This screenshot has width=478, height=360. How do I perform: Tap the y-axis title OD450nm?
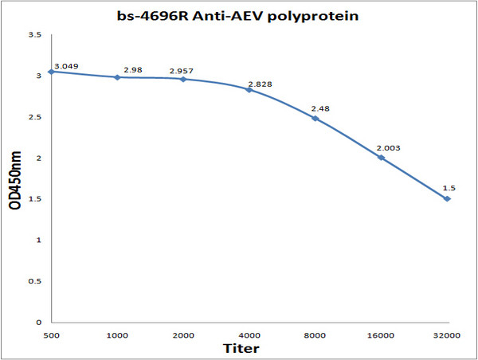[x=15, y=179]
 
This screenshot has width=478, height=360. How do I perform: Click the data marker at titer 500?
[x=52, y=72]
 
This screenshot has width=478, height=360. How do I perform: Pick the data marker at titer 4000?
[x=249, y=90]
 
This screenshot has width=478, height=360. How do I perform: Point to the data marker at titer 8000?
[x=315, y=119]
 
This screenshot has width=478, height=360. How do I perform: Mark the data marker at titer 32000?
[x=447, y=198]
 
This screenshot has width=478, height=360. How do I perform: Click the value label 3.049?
[x=66, y=65]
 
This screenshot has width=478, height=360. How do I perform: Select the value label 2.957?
[x=182, y=72]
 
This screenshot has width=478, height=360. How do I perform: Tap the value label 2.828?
[x=258, y=83]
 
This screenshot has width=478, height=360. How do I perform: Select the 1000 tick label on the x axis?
[x=117, y=335]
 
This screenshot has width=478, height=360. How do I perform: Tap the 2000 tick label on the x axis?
[x=183, y=335]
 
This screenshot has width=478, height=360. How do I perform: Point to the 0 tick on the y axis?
[x=37, y=323]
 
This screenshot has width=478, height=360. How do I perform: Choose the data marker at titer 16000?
[x=381, y=158]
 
